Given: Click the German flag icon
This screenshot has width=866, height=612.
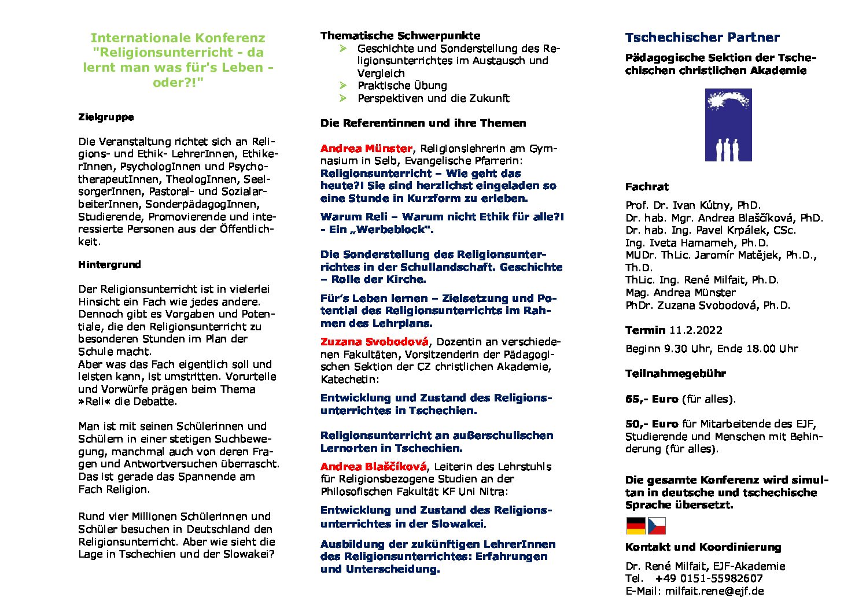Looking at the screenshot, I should (x=636, y=526).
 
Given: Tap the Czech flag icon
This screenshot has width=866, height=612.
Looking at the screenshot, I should (x=657, y=526).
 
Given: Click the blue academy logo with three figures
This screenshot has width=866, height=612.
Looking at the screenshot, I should (x=728, y=125).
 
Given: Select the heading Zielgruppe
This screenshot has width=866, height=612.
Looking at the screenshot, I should (x=106, y=117).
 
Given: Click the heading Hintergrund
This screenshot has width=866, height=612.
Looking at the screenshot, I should (x=109, y=264).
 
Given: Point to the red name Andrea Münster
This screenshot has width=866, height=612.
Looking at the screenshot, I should (x=366, y=149).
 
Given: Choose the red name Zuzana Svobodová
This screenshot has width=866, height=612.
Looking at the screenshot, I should (x=374, y=341).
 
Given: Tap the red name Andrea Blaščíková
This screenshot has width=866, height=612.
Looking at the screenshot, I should (x=373, y=466).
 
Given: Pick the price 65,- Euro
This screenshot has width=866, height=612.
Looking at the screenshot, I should (x=651, y=399).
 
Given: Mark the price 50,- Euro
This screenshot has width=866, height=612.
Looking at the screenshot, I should (x=651, y=424).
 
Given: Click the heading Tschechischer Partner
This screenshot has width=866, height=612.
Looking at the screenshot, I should (x=702, y=38).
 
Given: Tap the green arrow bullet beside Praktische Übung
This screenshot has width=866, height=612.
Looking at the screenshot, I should (x=343, y=86).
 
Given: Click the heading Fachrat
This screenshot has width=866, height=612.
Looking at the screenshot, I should (x=647, y=187).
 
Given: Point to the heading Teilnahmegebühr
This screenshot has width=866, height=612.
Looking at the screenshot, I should (x=675, y=374).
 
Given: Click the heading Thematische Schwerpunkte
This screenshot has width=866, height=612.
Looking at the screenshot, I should (x=400, y=36).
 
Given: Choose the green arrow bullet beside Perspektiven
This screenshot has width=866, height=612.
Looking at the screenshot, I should (x=343, y=98).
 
